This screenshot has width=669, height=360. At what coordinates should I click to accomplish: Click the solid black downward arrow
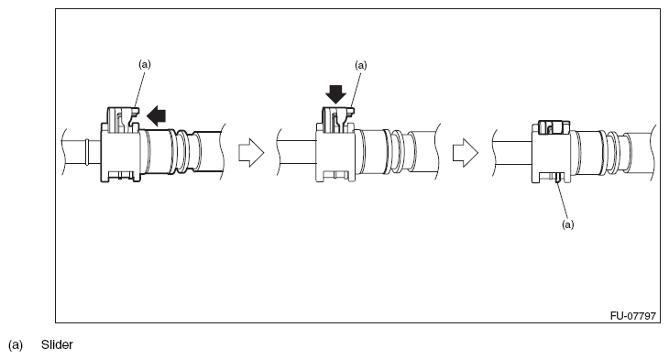(x=334, y=94)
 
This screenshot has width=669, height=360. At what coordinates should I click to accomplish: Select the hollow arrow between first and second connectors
(x=250, y=153)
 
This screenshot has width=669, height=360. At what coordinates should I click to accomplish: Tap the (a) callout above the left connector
(x=144, y=64)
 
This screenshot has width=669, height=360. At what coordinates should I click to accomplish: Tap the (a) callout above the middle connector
(x=360, y=66)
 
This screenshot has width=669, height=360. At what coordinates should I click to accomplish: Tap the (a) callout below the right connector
(x=567, y=224)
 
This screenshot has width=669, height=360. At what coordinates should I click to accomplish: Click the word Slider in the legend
(x=57, y=345)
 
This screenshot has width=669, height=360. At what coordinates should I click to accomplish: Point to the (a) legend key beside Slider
(x=16, y=345)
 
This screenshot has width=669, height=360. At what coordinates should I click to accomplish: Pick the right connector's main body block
(x=551, y=155)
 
